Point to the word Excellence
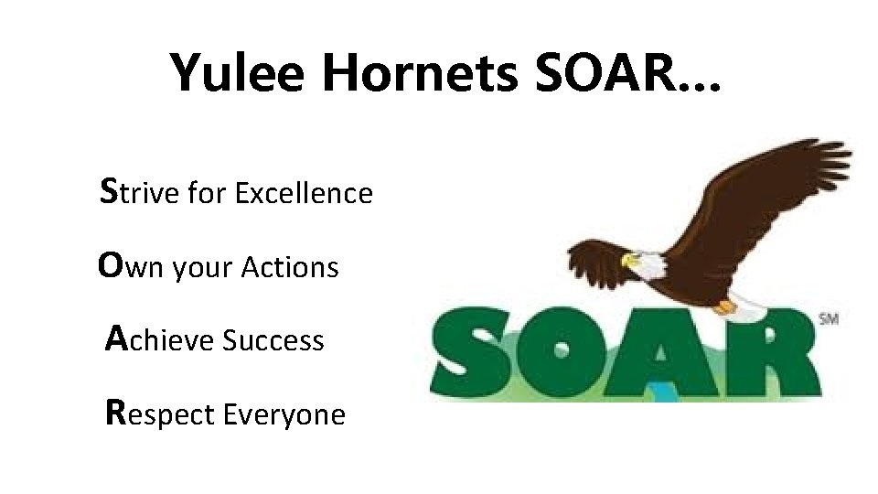click(304, 194)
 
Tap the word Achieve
click(161, 341)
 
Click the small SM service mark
click(829, 318)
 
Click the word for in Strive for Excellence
click(212, 194)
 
